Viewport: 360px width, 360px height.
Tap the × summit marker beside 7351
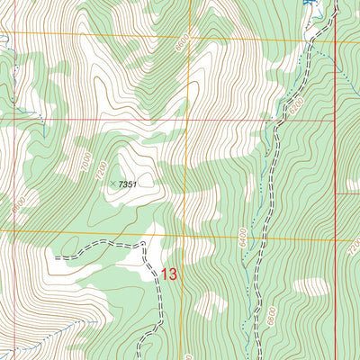tap(113, 184)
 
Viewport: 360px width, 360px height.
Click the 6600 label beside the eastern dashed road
tap(270, 316)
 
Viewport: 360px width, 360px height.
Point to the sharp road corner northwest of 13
tap(144, 243)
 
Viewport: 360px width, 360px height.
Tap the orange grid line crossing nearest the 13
tap(186, 231)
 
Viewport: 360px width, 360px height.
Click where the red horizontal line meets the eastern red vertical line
tap(335, 118)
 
